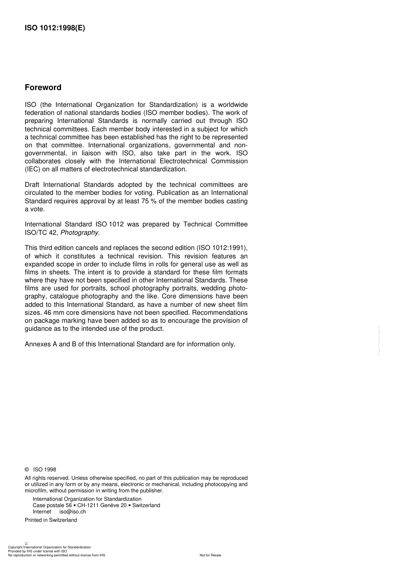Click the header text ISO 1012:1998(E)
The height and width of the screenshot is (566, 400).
pos(55,28)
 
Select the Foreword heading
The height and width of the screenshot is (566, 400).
pos(43,88)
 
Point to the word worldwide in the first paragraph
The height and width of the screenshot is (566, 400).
pos(232,105)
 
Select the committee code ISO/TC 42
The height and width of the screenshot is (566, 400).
pos(41,232)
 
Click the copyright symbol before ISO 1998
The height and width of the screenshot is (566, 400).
pos(27,470)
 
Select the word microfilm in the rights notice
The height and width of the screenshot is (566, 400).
pos(36,491)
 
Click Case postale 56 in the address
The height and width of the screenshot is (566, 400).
pos(52,505)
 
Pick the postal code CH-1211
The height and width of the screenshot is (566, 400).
pos(87,505)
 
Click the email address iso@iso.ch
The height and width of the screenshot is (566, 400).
pos(72,512)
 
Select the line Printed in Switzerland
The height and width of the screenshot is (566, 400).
pos(51,520)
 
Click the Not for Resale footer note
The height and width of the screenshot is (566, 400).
pos(210,555)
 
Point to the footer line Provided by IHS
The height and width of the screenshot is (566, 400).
pos(37,551)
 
